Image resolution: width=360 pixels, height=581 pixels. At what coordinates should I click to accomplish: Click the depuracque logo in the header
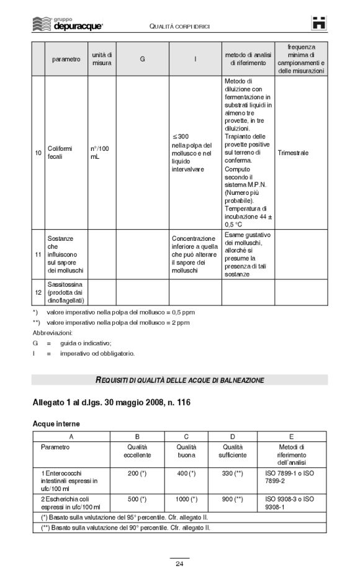pos(66,24)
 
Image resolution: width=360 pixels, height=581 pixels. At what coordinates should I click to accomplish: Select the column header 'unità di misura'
pos(102,60)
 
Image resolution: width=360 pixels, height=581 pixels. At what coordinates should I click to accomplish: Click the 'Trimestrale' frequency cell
pos(293,153)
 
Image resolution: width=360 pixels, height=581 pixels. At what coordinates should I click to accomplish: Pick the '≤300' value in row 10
pos(182,137)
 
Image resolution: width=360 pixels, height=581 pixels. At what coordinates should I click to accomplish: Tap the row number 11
pos(38,254)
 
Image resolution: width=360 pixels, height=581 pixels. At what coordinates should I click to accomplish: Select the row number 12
pos(38,292)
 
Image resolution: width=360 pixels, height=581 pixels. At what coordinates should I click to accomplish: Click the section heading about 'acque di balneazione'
pos(179,380)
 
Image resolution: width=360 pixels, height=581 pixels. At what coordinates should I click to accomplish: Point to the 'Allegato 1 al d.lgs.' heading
pos(112,403)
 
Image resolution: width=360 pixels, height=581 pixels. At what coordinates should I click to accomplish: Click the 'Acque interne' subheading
pos(56,423)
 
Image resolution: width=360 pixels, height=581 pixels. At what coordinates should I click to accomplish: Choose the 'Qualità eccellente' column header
pos(137,451)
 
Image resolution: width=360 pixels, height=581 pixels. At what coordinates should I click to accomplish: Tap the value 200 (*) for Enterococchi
pos(137,474)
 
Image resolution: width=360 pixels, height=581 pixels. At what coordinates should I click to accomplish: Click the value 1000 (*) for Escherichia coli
pos(186,498)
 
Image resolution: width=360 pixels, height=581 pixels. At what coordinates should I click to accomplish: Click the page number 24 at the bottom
pos(179,564)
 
